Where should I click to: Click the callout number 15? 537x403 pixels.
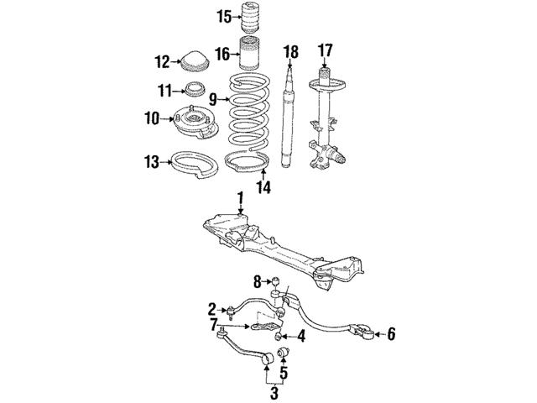pos(225,17)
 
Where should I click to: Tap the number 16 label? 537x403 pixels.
pos(222,54)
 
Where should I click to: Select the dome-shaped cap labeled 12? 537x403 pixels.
pos(195,61)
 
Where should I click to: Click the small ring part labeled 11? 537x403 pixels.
pos(196,89)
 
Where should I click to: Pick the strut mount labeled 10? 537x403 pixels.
pos(196,123)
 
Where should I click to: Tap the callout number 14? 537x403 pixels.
pos(263,187)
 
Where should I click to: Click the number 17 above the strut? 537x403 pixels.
pos(325,50)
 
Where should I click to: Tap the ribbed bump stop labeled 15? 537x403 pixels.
pos(250,18)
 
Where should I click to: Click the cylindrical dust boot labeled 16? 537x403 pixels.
pos(249,53)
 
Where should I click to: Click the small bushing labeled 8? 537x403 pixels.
pos(276,282)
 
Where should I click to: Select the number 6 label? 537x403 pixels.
pos(391,334)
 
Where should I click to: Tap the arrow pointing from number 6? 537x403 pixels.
pos(380,334)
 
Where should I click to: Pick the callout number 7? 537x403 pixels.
pos(213,325)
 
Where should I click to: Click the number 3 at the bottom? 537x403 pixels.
pos(274,392)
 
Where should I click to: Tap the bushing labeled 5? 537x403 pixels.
pos(284,352)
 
